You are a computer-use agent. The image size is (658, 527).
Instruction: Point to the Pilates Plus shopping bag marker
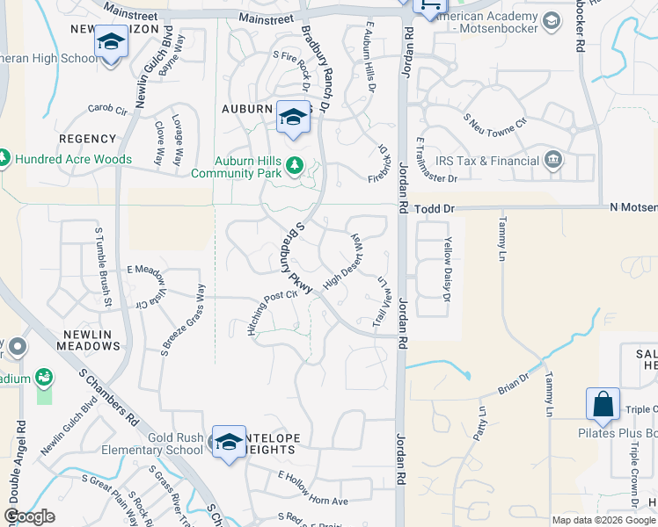[x=603, y=405]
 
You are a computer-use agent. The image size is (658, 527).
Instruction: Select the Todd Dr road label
[x=434, y=209]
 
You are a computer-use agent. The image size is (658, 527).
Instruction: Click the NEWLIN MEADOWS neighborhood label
[x=91, y=340]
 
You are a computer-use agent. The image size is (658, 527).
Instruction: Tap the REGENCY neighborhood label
[x=87, y=139]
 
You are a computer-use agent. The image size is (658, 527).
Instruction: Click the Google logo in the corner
[x=29, y=516]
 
